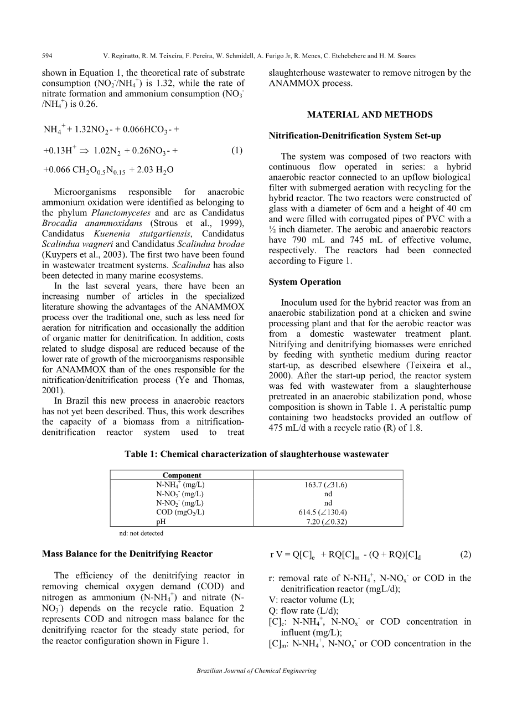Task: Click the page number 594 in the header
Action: click(46, 56)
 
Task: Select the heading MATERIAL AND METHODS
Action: click(370, 115)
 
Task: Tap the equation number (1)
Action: click(237, 150)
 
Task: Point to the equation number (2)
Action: click(466, 554)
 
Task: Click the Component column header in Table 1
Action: click(182, 475)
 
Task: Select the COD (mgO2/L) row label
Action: click(180, 512)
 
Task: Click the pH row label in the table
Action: click(161, 521)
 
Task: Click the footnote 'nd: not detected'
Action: click(141, 533)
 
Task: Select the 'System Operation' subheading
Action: click(304, 282)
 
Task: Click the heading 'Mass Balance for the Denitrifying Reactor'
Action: click(127, 553)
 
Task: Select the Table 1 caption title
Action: click(256, 454)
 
